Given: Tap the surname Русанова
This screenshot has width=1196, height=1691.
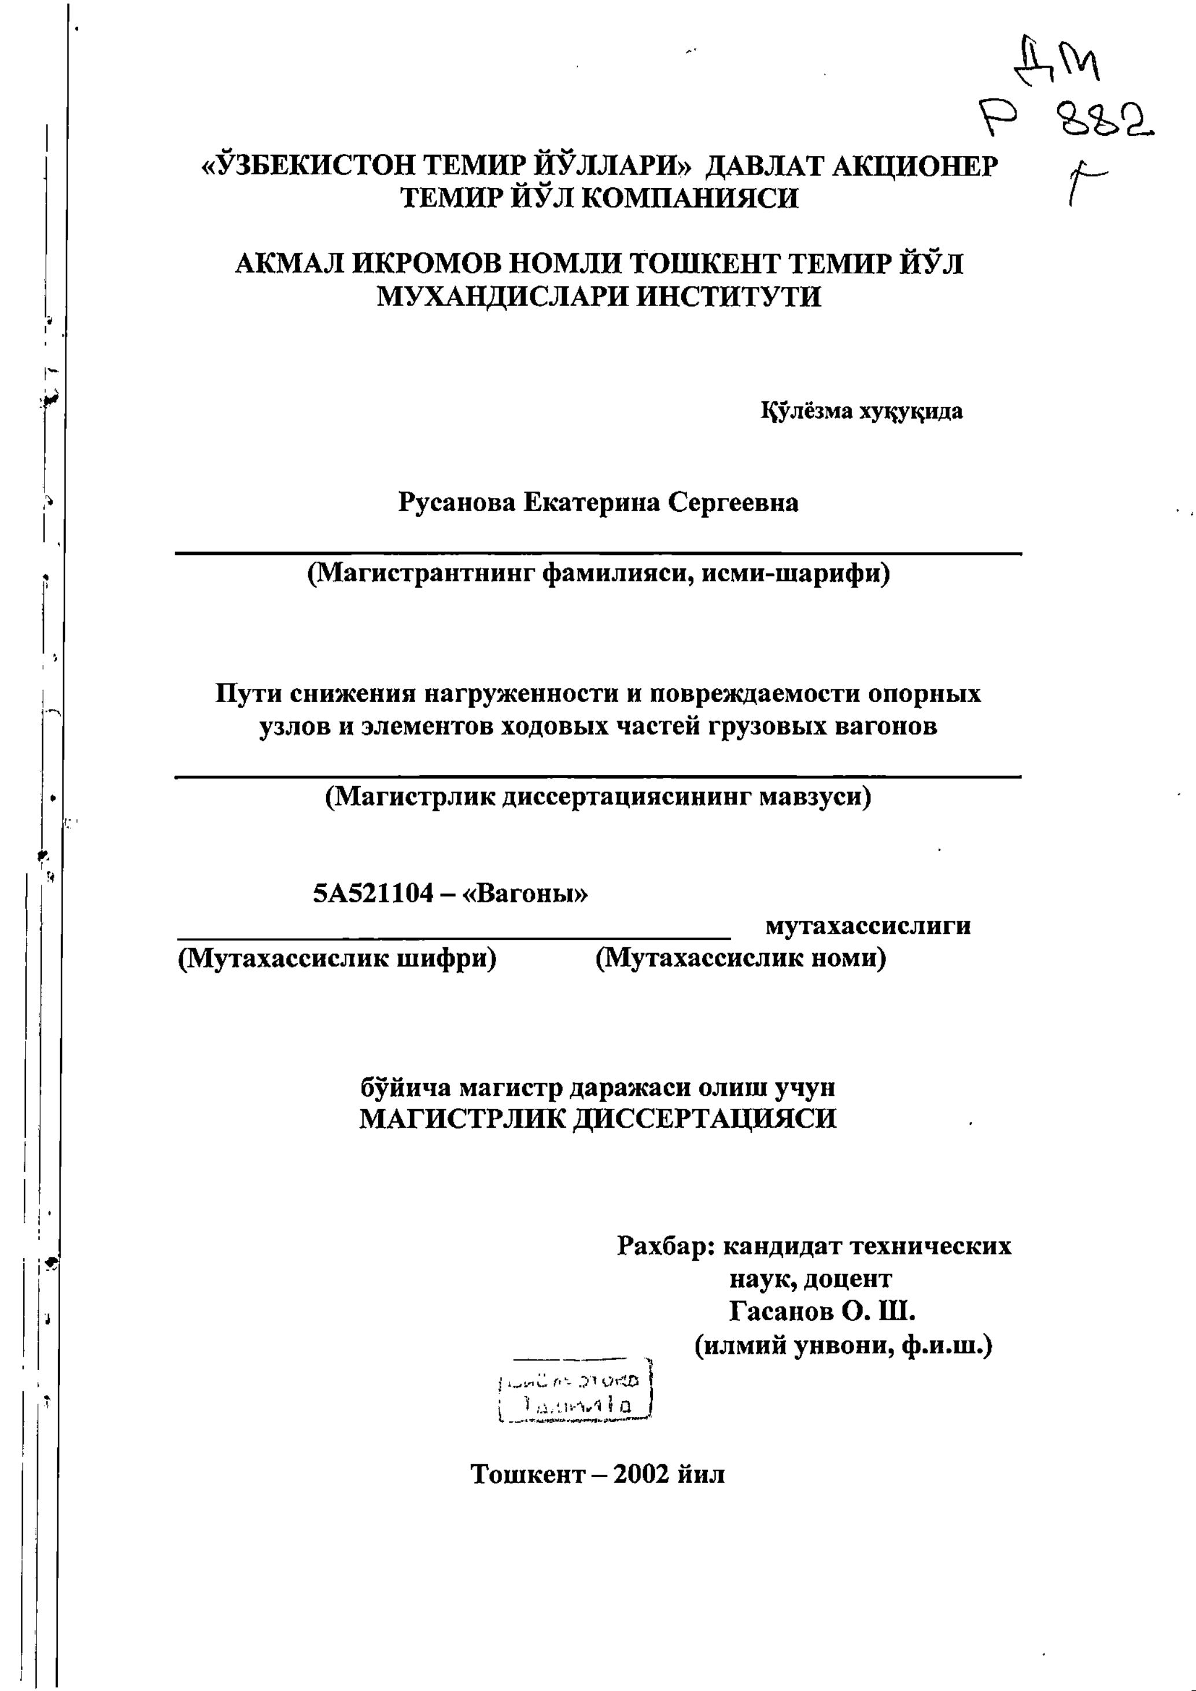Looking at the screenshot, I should (x=455, y=503).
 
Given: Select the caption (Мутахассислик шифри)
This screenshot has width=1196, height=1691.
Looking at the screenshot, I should (x=337, y=958).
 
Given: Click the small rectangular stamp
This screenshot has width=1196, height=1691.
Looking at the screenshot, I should (x=576, y=1390).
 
